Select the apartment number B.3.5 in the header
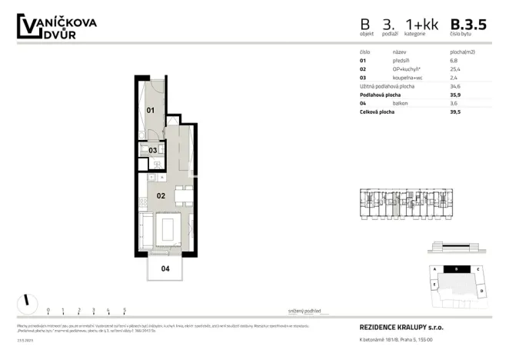[468, 25]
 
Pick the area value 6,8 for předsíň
[454, 60]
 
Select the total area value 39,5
[454, 112]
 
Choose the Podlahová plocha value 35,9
[454, 95]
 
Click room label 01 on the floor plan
[151, 110]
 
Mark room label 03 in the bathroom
[153, 150]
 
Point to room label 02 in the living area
[161, 196]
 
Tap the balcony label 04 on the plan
[165, 268]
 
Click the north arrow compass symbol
[27, 300]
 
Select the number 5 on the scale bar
[125, 311]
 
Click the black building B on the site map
[457, 269]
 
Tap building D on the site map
[481, 292]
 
